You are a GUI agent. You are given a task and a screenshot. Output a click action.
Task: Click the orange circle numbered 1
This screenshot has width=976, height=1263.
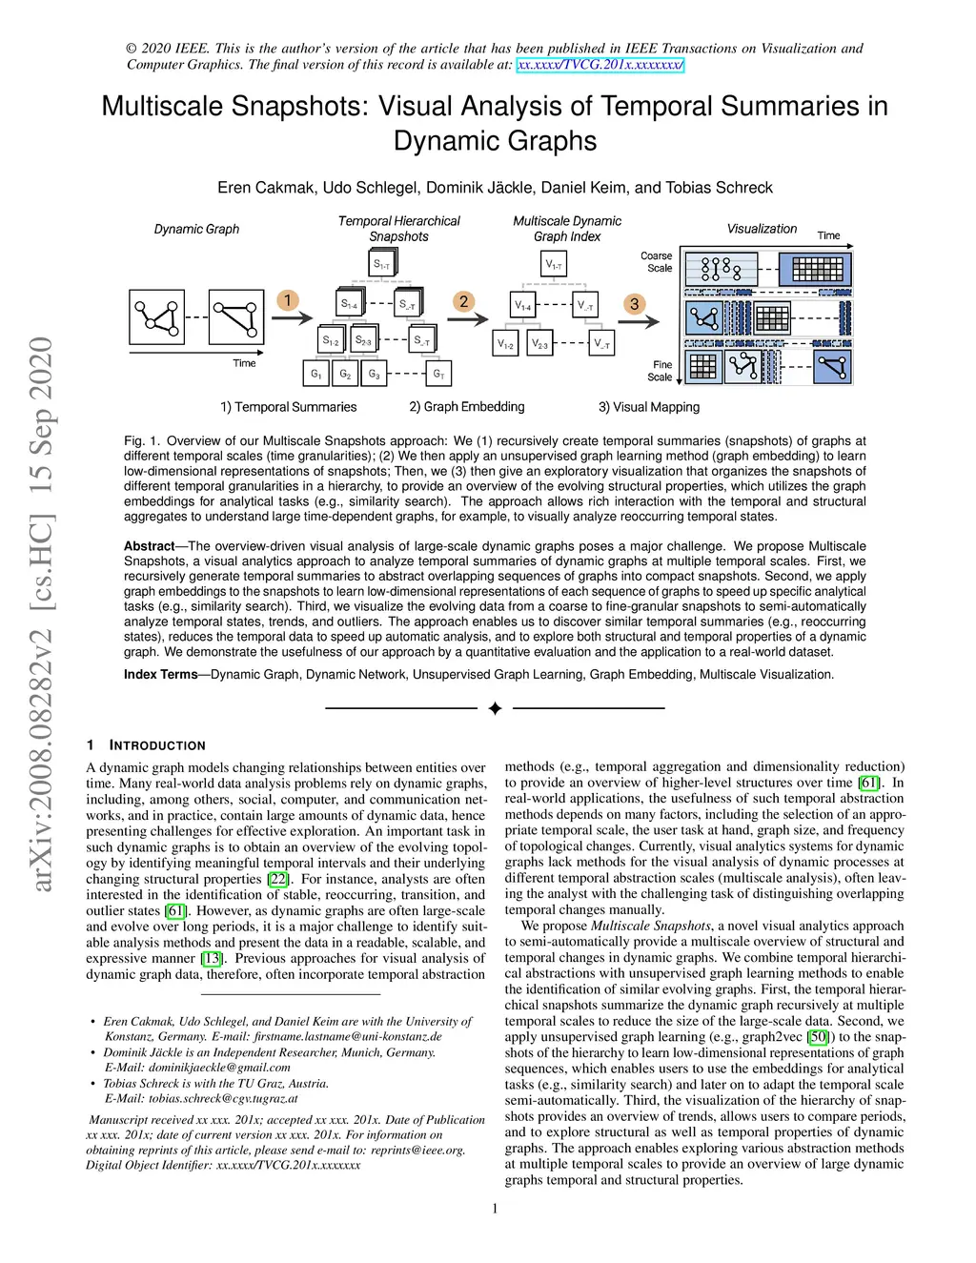287,301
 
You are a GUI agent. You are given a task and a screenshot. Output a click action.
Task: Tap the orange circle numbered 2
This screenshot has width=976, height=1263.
463,302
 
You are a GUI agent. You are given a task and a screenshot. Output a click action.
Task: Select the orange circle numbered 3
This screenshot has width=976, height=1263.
635,304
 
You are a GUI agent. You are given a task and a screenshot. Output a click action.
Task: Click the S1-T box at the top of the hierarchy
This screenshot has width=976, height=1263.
381,264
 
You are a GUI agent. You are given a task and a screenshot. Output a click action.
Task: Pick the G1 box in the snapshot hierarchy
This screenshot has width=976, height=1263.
316,374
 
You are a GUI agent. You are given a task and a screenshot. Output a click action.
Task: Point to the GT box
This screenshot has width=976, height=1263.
438,374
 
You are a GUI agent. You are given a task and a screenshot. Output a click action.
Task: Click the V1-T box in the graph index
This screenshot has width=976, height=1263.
553,264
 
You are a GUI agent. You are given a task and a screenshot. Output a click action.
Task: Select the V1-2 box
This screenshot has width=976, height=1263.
505,344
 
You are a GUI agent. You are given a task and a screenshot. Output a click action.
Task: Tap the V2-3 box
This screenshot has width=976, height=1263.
539,344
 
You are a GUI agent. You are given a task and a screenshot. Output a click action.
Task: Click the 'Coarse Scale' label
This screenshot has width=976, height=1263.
657,262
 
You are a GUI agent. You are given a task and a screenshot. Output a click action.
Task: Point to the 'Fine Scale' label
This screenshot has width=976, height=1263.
661,371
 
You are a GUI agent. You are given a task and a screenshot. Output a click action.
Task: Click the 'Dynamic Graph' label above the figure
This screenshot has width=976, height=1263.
196,229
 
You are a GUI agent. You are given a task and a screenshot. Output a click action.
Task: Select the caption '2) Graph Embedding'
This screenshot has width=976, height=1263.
467,407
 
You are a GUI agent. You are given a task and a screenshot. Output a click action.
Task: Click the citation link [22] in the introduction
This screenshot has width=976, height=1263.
277,879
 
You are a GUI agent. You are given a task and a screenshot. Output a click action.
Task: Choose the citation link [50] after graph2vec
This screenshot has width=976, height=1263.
818,1037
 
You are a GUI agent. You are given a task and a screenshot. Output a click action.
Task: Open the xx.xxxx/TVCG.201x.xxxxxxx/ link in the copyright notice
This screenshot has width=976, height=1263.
600,65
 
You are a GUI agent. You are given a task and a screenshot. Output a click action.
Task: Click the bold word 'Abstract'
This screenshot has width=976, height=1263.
149,546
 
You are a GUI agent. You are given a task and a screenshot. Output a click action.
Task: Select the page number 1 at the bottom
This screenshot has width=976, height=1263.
495,1209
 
